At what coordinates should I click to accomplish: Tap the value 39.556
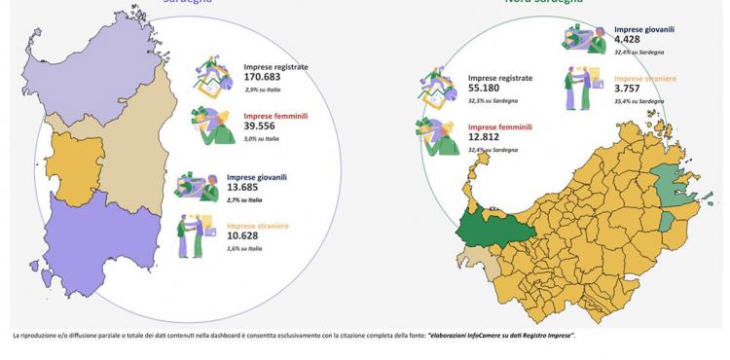click(x=262, y=126)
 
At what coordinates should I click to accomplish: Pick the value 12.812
click(x=488, y=138)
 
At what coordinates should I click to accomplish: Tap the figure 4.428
click(x=630, y=40)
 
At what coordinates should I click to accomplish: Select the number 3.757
click(x=630, y=88)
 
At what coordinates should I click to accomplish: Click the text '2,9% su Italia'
click(x=264, y=90)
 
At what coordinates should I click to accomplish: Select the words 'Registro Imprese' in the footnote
click(x=544, y=336)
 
